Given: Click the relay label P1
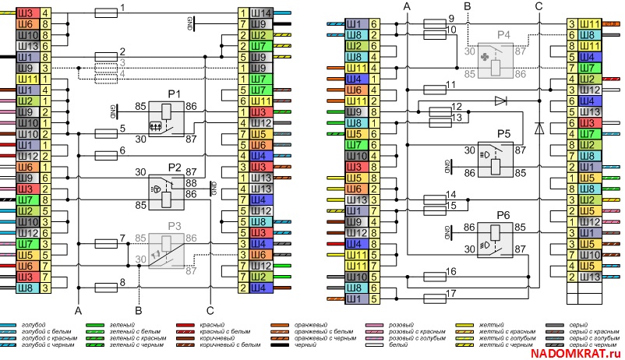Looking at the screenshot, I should click(x=175, y=94).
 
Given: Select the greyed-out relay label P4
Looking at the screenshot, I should click(x=504, y=35).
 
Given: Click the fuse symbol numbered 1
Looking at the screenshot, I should click(x=106, y=12).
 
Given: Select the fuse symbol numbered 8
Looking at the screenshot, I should click(x=106, y=286).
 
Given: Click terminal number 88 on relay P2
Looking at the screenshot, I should click(x=191, y=182).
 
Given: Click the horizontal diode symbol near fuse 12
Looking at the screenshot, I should click(x=500, y=101).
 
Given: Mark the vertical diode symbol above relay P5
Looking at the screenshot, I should click(x=538, y=125).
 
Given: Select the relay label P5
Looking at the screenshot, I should click(x=503, y=134).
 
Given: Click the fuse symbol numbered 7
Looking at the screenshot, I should click(x=106, y=244).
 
